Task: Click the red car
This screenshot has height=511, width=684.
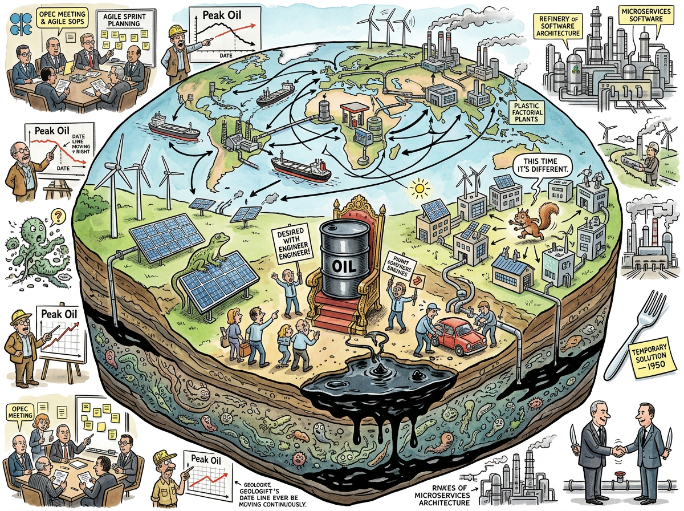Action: pos(462,336)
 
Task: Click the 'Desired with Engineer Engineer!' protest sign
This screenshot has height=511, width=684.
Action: pos(291,242)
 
